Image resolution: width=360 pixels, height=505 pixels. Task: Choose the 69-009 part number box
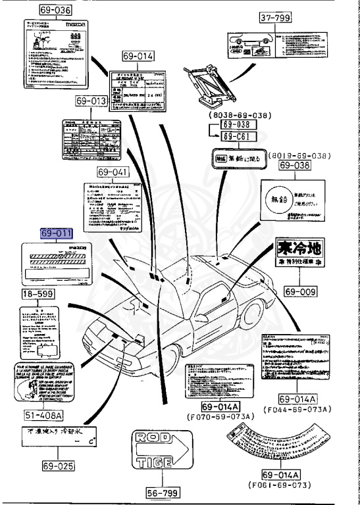(301, 290)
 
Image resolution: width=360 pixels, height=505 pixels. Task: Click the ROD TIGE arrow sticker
(168, 456)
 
